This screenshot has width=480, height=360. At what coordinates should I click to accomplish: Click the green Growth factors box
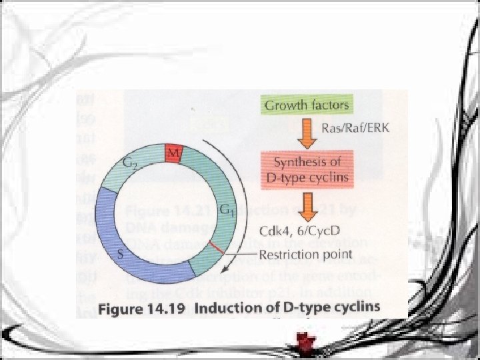pyautogui.click(x=307, y=105)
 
